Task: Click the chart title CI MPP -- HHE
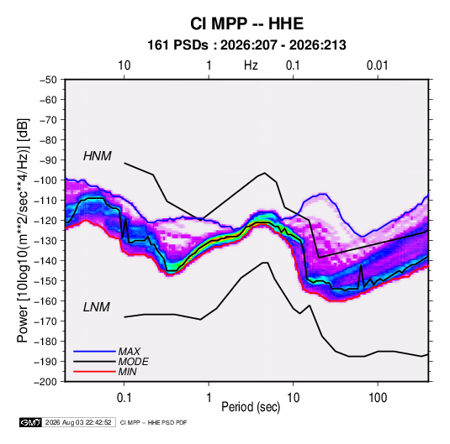(x=246, y=24)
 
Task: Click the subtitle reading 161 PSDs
(x=177, y=45)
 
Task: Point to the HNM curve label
(x=98, y=156)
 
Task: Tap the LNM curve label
(x=97, y=307)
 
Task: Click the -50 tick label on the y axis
(x=49, y=80)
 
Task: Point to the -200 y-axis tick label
(x=45, y=382)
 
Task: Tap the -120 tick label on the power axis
(x=45, y=221)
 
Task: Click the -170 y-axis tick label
(x=45, y=321)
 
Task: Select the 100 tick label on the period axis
(x=378, y=398)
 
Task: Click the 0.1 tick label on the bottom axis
(x=124, y=398)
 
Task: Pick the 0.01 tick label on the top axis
(x=377, y=65)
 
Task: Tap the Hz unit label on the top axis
(x=251, y=65)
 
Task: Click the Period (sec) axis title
(x=251, y=407)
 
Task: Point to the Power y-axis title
(x=23, y=230)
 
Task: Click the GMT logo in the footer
(x=30, y=422)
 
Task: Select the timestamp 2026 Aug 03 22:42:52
(x=78, y=422)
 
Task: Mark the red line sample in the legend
(x=94, y=372)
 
